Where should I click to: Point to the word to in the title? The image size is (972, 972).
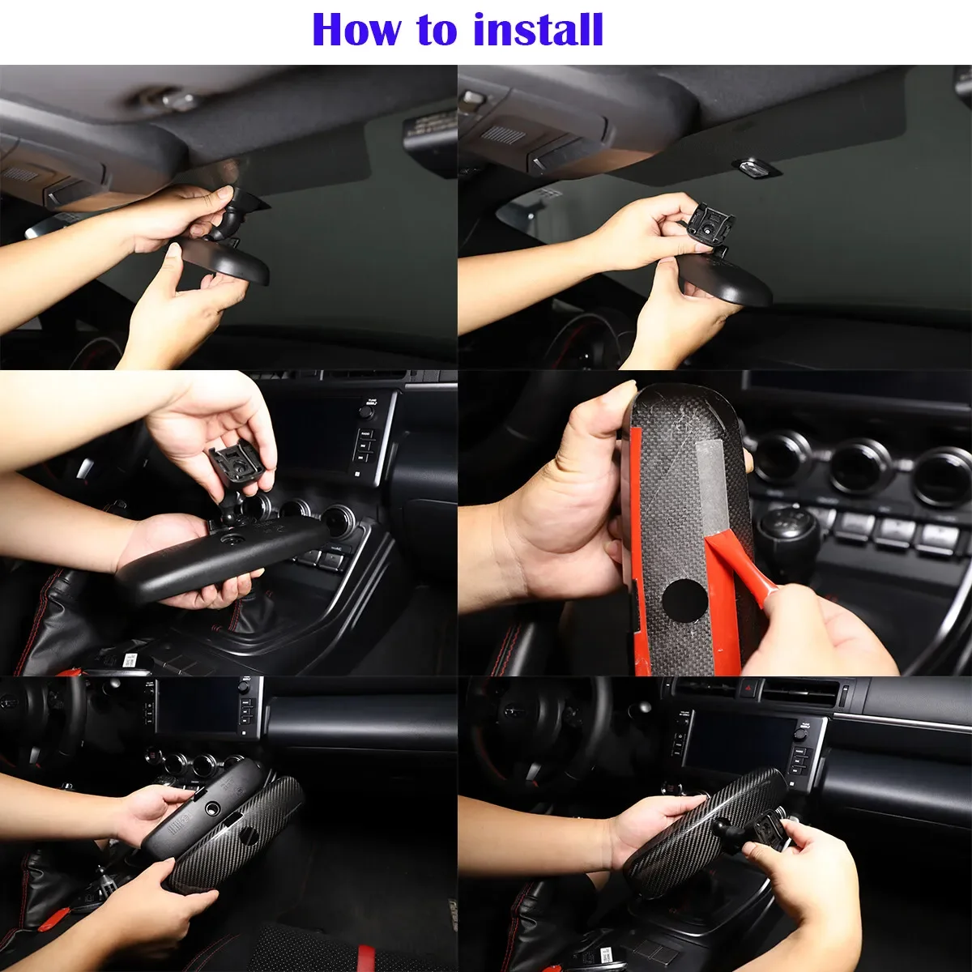[442, 32]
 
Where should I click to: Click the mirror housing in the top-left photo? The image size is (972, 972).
[225, 258]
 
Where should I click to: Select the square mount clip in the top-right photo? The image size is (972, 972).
[710, 225]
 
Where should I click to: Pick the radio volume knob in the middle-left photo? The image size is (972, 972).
[366, 411]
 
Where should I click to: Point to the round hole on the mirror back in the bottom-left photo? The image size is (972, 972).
[212, 809]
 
